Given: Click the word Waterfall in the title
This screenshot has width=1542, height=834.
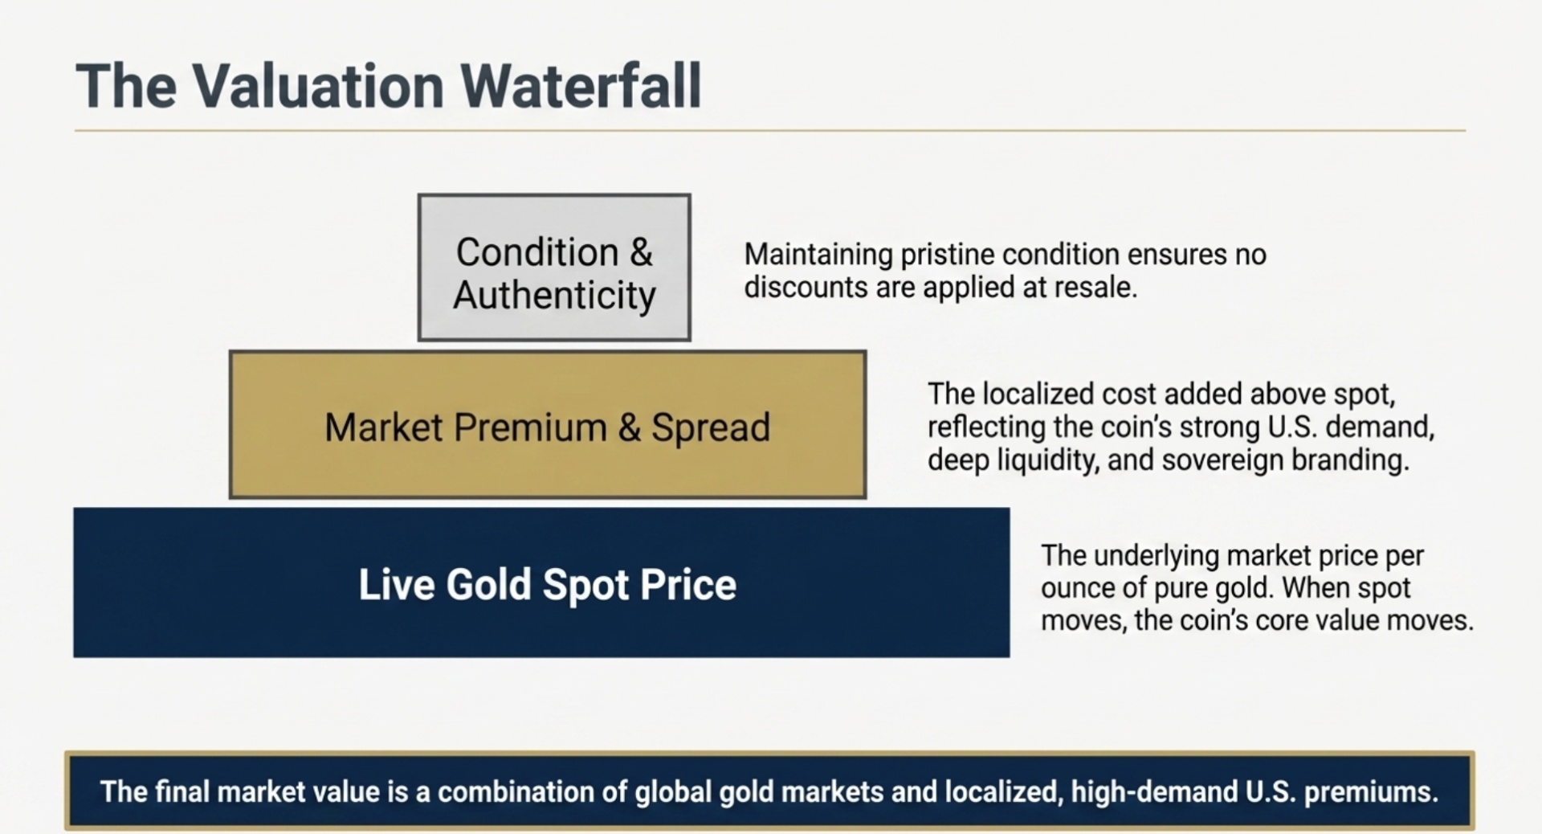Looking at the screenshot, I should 580,86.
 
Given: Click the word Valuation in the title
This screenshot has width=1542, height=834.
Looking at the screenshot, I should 317,86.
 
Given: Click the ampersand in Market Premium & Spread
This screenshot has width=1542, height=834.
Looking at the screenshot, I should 630,427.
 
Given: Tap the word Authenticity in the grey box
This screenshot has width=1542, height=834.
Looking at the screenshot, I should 554,295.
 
